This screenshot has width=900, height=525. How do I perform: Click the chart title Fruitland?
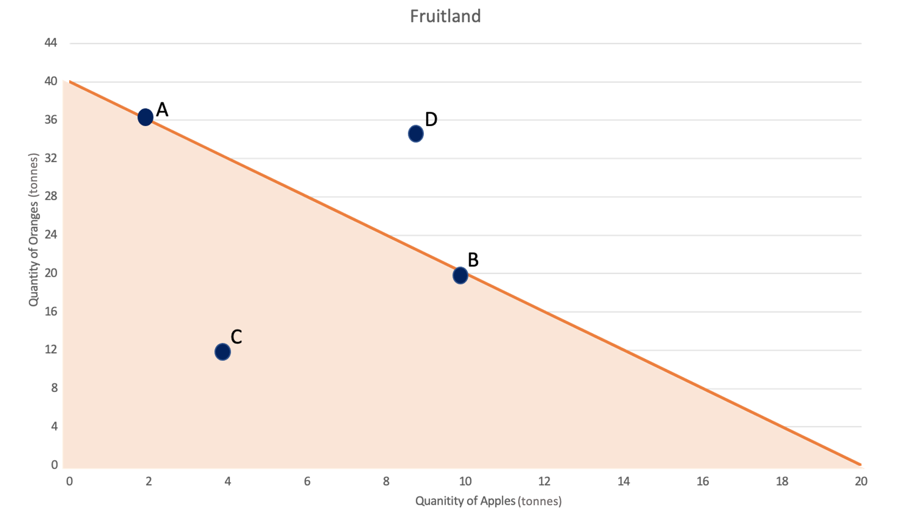[445, 16]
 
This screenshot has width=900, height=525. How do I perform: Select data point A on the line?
[145, 117]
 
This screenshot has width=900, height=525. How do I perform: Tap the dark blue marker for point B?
[460, 275]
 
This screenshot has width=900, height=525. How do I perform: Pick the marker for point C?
[223, 352]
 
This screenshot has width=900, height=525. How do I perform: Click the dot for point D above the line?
[416, 133]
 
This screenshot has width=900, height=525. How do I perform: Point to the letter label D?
[431, 119]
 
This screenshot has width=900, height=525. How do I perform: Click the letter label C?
[236, 337]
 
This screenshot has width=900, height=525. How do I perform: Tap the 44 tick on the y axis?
[50, 43]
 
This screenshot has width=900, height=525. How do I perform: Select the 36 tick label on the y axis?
[50, 120]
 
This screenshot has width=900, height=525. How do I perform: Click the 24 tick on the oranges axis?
[50, 234]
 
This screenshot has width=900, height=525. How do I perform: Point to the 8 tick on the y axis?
[54, 388]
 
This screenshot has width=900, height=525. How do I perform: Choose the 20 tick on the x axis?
[861, 481]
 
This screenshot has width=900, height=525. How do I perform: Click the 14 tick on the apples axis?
[623, 481]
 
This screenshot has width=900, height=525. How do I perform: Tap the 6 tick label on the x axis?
[307, 481]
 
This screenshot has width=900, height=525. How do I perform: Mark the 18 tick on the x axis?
[782, 481]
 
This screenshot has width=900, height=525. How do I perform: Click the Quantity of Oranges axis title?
[33, 230]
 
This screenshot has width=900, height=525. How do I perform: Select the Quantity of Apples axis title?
[488, 501]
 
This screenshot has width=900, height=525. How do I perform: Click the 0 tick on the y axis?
[54, 465]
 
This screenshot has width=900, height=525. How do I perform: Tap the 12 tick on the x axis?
[544, 481]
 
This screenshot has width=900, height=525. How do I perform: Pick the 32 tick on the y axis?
[50, 158]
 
